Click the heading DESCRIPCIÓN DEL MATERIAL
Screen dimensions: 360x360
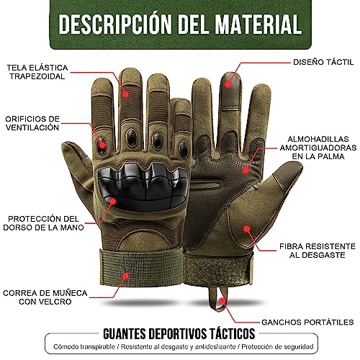[180, 22]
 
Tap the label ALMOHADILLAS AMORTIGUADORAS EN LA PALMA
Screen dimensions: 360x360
[318, 151]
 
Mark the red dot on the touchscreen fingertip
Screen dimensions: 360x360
[230, 75]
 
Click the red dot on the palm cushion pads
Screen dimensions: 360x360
[246, 169]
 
